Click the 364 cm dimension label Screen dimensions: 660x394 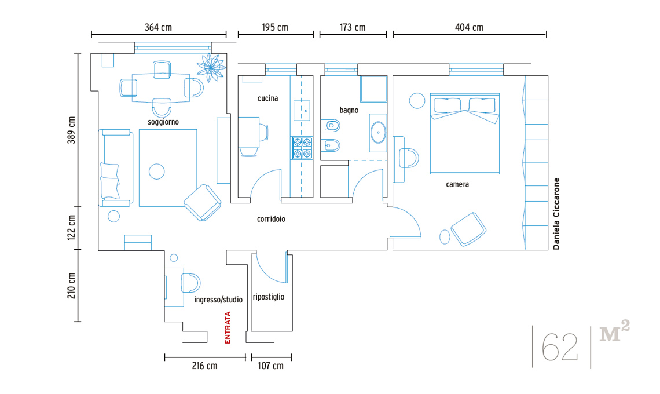coord(158,27)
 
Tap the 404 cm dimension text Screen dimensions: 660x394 coord(469,27)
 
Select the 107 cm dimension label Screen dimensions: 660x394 coord(270,366)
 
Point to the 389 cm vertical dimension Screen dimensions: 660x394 coord(72,130)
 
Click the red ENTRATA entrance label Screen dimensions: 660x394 coord(228,327)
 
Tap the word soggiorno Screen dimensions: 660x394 coord(163,122)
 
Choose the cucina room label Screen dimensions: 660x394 coord(267,98)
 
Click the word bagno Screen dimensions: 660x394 coord(349,111)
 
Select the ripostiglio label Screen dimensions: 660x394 coord(269,297)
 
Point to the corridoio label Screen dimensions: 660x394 coord(271,219)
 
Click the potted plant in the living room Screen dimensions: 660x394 coord(211,67)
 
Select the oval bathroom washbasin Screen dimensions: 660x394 coord(378,132)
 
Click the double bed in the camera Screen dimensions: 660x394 coord(465,134)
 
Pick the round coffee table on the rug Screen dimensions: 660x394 coord(156,172)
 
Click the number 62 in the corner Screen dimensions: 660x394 coord(559,348)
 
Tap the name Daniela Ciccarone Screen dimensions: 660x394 coord(556,214)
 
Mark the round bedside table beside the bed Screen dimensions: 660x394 coord(417,101)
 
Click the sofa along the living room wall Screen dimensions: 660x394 coord(116,167)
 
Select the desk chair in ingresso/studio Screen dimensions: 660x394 coord(190,283)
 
